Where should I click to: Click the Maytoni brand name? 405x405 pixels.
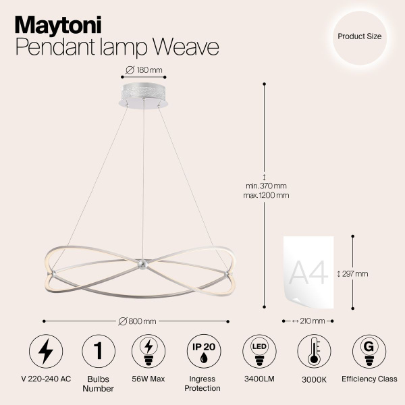(x=58, y=25)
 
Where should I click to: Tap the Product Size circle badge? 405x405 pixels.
(x=359, y=37)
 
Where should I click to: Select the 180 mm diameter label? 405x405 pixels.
(x=144, y=70)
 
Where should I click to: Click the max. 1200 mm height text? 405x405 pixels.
(x=267, y=195)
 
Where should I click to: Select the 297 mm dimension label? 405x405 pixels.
(x=353, y=273)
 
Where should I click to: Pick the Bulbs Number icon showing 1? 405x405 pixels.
(x=99, y=351)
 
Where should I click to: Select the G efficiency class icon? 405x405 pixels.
(x=369, y=351)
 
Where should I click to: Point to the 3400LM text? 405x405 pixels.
(x=259, y=379)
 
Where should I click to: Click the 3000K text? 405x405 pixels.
(x=314, y=379)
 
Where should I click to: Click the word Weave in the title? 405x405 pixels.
(x=186, y=47)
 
